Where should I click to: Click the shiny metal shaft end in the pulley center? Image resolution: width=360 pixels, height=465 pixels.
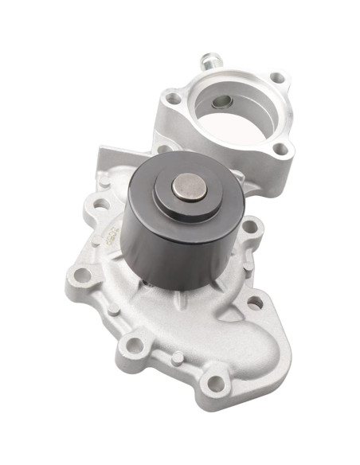pos(190,188)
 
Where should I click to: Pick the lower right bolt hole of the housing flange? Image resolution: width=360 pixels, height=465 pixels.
pos(280,148)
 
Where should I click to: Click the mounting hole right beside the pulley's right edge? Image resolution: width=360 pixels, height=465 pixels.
pos(249,227)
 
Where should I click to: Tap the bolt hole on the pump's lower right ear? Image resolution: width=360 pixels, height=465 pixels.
pos(255,303)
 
